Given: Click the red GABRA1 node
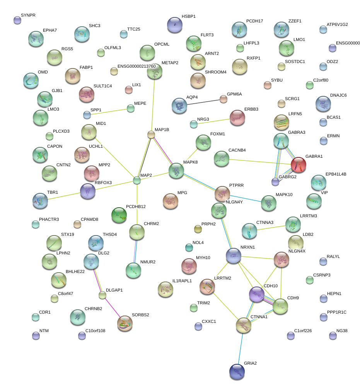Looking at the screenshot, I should [x=298, y=165].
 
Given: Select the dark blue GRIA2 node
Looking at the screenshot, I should [x=237, y=371].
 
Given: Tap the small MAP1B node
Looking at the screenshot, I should [x=151, y=135].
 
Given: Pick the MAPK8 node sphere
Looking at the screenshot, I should [x=176, y=171].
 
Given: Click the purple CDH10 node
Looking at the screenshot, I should [x=256, y=295].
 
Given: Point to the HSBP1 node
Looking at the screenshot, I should [x=175, y=25].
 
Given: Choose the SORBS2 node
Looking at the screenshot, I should [x=125, y=323].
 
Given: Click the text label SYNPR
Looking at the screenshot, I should [x=28, y=15].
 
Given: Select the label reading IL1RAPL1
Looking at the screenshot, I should [x=182, y=281].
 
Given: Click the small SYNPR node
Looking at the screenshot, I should [x=17, y=20].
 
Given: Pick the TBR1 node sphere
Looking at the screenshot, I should [x=40, y=201].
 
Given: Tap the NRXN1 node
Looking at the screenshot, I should [x=234, y=256].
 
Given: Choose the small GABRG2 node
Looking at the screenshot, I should [x=275, y=181].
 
